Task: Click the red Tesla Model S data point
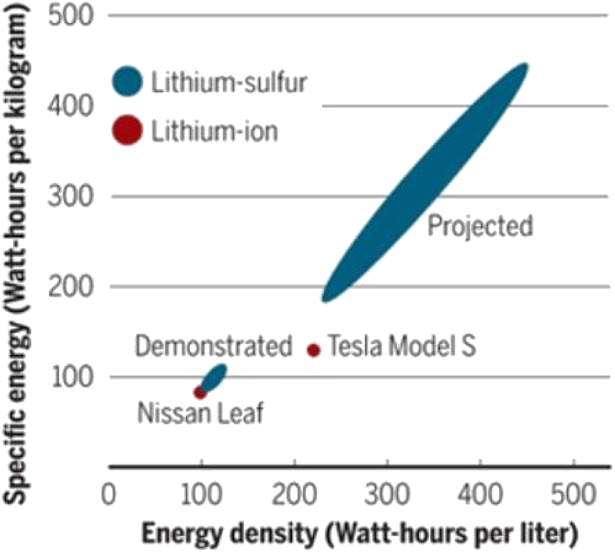(x=313, y=349)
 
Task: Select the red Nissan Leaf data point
(x=200, y=392)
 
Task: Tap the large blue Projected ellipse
(x=425, y=183)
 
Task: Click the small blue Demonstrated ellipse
(x=214, y=377)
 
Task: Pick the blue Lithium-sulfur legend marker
(x=127, y=81)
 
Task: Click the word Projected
(x=480, y=226)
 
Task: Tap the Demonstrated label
(x=214, y=347)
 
